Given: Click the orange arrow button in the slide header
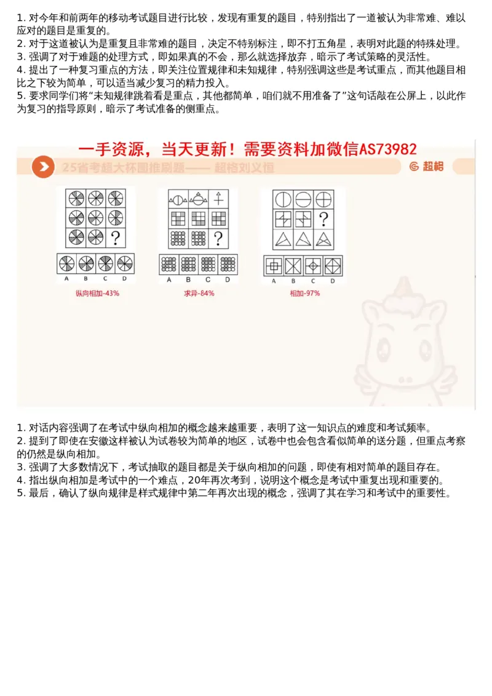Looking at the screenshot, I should (x=43, y=167).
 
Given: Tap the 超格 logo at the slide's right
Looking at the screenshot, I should (x=426, y=166).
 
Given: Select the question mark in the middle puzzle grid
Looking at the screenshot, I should (x=218, y=238).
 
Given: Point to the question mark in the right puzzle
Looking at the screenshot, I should (x=323, y=219).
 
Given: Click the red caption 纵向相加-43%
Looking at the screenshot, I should (x=97, y=294).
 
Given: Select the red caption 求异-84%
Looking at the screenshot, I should (x=199, y=294).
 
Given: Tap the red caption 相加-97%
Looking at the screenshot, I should (x=305, y=294).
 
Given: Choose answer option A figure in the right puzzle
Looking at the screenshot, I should (x=273, y=266).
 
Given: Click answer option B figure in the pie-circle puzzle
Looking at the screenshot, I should (x=86, y=263).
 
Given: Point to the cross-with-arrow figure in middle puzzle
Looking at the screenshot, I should (x=218, y=199).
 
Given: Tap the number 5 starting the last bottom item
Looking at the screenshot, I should (x=19, y=493).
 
